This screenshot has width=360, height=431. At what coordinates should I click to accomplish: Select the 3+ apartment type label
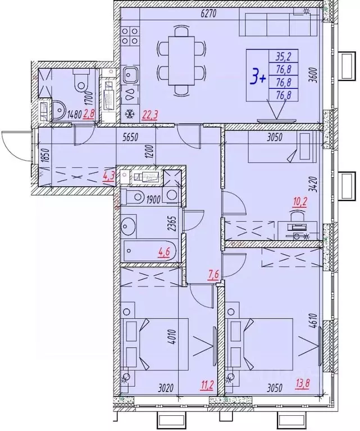[x=258, y=76]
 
